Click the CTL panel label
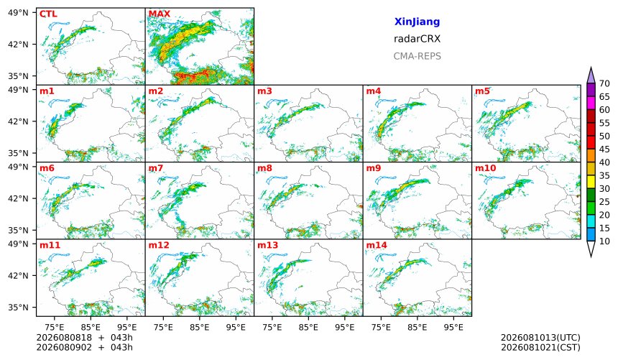(48, 14)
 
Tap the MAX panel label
(160, 14)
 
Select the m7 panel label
(156, 168)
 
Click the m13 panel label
(267, 245)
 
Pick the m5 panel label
(482, 91)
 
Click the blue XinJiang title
(417, 22)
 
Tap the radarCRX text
(417, 39)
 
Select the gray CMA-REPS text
(417, 56)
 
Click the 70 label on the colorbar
(604, 83)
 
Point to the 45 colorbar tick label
(604, 149)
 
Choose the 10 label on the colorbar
(604, 241)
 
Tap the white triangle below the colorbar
(591, 249)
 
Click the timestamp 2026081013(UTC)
(540, 338)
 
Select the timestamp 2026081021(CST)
(540, 348)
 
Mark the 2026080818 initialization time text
(64, 338)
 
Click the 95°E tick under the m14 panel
(453, 327)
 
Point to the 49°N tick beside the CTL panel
(18, 13)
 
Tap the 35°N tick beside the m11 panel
(18, 308)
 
